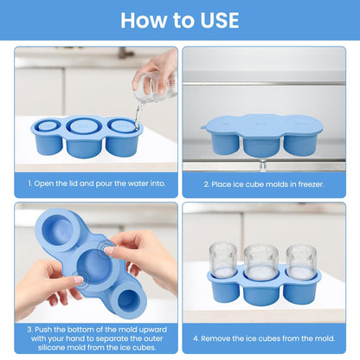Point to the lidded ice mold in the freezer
coord(262,134)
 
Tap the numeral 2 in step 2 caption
coord(205,184)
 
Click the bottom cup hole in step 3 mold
coord(128,299)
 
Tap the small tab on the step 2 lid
coord(204,127)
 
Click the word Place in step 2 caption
coord(222,184)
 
